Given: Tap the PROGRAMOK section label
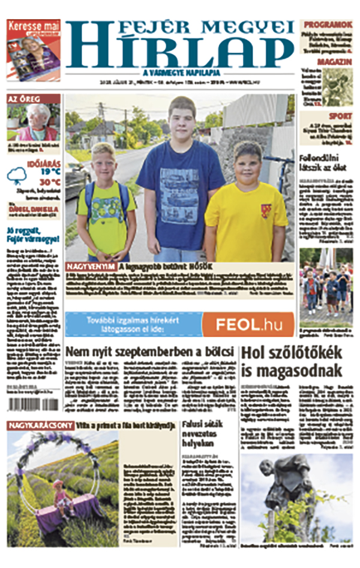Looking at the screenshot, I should pos(328,25).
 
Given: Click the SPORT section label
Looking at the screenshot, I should pos(340,116).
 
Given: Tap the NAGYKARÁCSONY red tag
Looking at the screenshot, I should pos(41,425).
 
